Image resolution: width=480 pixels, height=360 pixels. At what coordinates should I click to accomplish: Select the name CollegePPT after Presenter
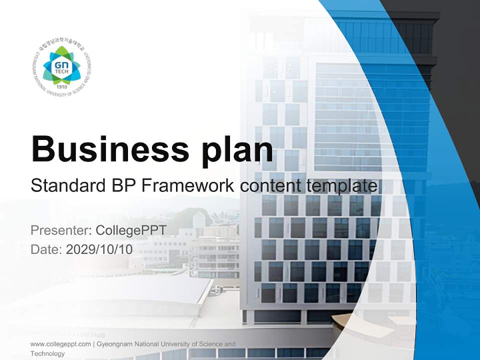point(130,230)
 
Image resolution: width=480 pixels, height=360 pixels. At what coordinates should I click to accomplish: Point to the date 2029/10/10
point(99,249)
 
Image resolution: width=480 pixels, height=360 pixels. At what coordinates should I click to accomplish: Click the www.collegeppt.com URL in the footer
point(60,344)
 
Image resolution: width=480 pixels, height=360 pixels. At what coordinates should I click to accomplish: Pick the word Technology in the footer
point(47,353)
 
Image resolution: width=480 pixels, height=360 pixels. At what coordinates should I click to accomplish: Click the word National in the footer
point(146,344)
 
